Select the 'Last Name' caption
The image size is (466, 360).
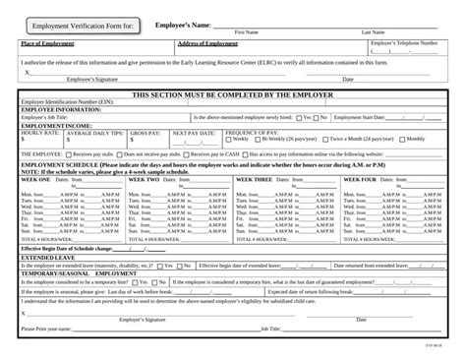374,32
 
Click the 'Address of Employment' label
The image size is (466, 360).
208,43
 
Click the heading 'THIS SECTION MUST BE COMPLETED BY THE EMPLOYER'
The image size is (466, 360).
232,94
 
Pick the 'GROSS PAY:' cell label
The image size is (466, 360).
145,132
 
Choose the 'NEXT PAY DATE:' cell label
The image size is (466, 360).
194,132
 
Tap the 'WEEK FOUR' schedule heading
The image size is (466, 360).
360,179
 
